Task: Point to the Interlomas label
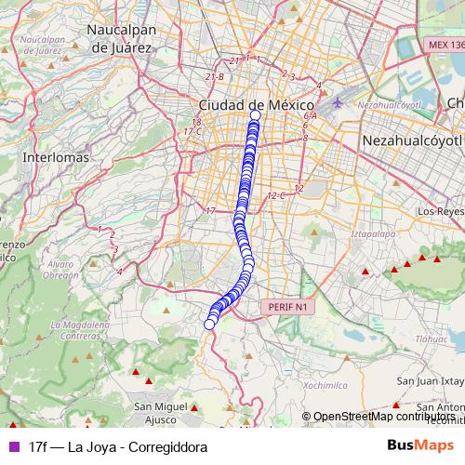click(56, 158)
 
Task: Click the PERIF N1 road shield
click(286, 306)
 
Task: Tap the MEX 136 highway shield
click(445, 45)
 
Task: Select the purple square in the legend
click(13, 446)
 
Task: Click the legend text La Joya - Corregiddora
click(117, 446)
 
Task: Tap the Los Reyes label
click(440, 211)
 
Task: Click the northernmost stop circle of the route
click(256, 115)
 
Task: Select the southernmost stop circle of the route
click(210, 324)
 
